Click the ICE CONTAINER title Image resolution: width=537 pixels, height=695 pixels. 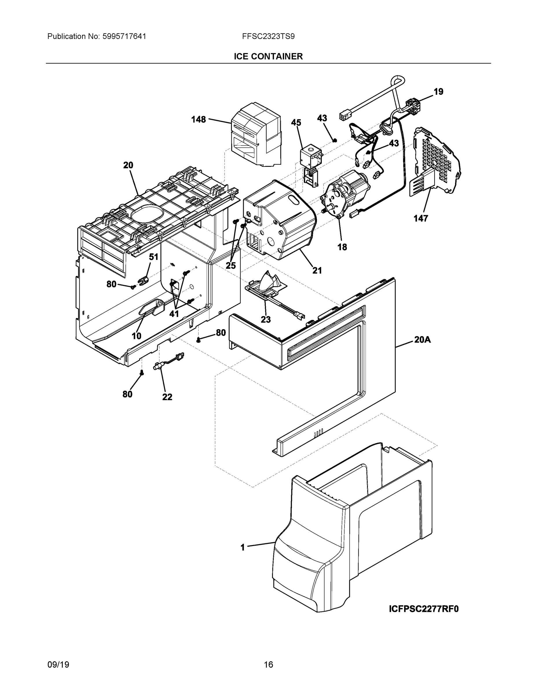coord(268,56)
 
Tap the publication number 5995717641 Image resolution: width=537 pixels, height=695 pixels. coord(124,36)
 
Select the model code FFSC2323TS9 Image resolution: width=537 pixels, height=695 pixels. coord(268,36)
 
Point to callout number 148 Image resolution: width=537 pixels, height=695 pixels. coord(199,120)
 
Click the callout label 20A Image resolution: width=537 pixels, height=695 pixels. coord(422,340)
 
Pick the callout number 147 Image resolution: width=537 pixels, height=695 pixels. coord(421,218)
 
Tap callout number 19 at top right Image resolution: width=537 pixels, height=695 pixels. coord(438,92)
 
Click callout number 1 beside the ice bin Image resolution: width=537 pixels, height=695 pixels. coord(243,547)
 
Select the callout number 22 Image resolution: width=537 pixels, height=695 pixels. coord(167,397)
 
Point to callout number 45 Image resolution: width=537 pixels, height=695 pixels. coord(296,122)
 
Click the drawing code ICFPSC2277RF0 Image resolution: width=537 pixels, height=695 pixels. coord(424,609)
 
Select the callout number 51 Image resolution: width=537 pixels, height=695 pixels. coord(153,257)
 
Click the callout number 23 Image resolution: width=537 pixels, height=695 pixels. coord(266,319)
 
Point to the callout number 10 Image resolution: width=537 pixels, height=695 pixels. coord(136,336)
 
